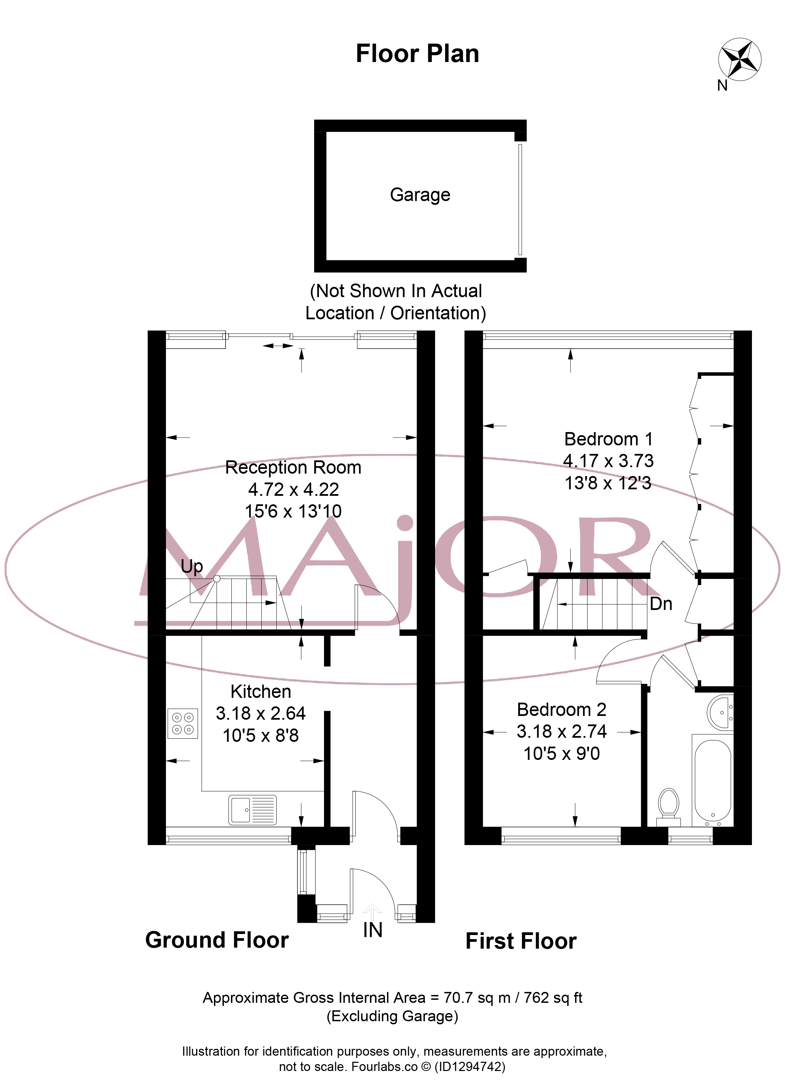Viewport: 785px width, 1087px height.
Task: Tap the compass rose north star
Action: click(x=739, y=59)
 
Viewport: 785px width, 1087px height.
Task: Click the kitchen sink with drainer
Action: click(x=252, y=810)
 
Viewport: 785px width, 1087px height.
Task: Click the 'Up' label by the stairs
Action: click(x=192, y=567)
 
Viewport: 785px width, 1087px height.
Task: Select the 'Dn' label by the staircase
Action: click(x=661, y=604)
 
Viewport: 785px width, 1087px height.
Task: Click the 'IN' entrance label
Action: click(x=372, y=930)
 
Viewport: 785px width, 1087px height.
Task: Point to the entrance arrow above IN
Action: click(x=372, y=911)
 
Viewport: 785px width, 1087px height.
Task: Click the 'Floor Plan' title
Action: click(x=417, y=54)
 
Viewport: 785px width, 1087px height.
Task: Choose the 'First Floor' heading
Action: click(x=521, y=941)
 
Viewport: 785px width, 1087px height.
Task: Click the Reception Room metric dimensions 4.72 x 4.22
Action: click(x=293, y=489)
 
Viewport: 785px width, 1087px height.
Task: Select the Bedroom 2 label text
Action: click(x=562, y=709)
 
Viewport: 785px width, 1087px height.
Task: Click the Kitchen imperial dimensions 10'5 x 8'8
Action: click(x=261, y=735)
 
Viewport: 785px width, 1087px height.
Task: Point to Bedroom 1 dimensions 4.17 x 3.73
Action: click(x=608, y=461)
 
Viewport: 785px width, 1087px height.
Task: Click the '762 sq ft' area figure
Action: click(x=553, y=997)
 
